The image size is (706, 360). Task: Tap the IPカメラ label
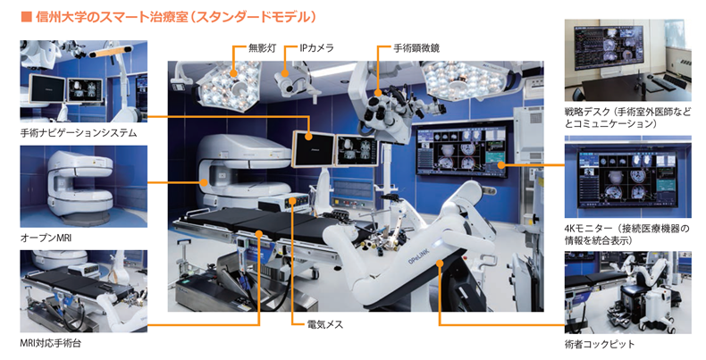click(x=316, y=47)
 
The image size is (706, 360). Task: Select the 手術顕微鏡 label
click(x=416, y=47)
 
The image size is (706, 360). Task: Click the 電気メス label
click(x=324, y=324)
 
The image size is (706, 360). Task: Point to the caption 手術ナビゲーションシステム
click(x=79, y=133)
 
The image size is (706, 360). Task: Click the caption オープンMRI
click(x=46, y=238)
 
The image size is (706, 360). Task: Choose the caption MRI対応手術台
click(x=51, y=343)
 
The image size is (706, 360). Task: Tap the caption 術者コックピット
click(x=600, y=344)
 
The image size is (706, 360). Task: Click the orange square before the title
click(x=26, y=17)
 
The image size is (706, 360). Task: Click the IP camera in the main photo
click(x=284, y=80)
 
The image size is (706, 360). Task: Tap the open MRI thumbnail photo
click(x=84, y=187)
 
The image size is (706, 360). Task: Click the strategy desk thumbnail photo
click(x=627, y=61)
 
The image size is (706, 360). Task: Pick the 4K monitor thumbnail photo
click(x=627, y=177)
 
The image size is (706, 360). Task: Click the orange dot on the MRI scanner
click(x=205, y=183)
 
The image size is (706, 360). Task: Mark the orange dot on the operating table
click(x=259, y=232)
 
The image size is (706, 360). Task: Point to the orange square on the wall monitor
click(x=500, y=165)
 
